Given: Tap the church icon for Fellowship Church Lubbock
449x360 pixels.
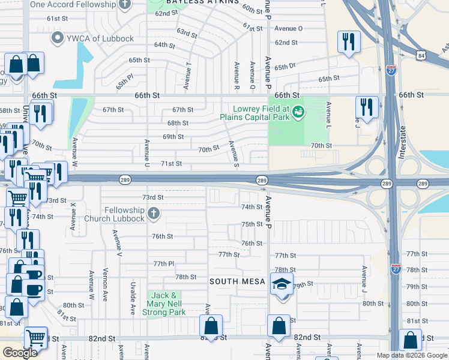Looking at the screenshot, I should point(154,214).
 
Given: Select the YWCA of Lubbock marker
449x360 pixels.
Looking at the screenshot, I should point(58,39).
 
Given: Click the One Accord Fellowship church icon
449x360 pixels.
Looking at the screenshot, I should point(125,4).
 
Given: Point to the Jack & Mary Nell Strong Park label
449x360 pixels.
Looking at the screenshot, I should point(163,304).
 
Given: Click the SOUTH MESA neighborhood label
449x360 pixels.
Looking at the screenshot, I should point(236,281).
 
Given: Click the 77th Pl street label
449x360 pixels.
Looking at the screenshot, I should point(163,263).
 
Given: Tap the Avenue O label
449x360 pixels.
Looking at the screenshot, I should point(288,28).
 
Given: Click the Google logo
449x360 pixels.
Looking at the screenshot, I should point(20,353).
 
